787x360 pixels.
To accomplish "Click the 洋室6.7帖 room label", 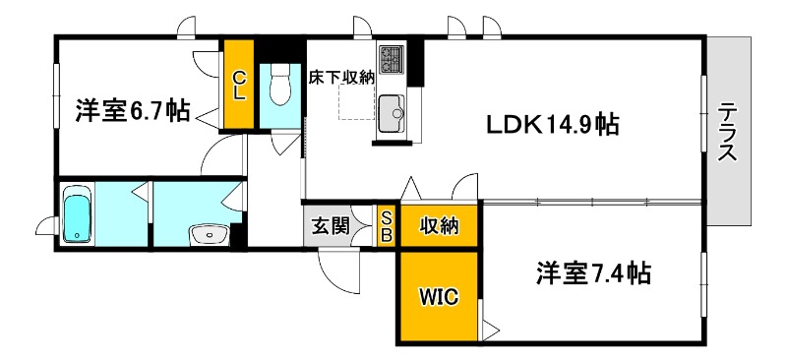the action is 132,110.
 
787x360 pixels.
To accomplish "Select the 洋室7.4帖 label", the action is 593,272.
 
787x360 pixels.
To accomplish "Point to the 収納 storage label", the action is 439,226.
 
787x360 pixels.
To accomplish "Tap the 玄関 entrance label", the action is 332,226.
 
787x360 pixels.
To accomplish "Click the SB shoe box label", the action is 387,226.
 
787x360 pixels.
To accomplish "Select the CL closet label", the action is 239,84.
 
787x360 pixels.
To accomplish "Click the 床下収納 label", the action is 342,77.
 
